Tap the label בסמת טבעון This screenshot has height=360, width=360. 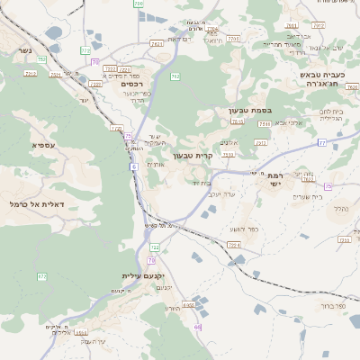(x=244, y=110)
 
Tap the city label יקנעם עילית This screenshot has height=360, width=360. (x=141, y=276)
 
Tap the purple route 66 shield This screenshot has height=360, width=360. (x=197, y=327)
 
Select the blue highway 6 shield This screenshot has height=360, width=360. (x=132, y=166)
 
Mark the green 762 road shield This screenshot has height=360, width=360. (x=175, y=76)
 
